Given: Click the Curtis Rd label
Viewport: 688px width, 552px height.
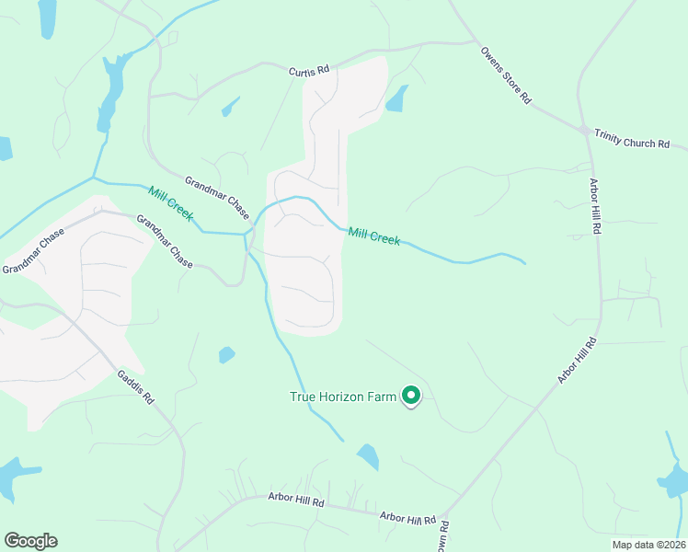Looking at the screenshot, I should [308, 72].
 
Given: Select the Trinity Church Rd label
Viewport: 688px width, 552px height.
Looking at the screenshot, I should [631, 139].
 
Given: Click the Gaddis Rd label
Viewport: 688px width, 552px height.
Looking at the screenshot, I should [135, 391].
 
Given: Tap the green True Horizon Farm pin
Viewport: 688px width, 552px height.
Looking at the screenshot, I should [410, 396].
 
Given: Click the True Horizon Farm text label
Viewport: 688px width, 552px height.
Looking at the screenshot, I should [342, 397].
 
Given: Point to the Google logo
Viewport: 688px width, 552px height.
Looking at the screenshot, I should [30, 541].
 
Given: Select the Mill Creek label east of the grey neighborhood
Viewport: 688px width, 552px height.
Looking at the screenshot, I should [373, 236].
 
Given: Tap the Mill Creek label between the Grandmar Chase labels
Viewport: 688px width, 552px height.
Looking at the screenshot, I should [170, 202].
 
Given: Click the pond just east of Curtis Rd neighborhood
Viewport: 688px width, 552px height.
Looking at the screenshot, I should [396, 99].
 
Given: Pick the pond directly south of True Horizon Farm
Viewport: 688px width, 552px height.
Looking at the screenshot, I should [368, 456].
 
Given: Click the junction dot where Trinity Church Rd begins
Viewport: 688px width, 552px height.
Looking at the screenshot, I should [584, 130].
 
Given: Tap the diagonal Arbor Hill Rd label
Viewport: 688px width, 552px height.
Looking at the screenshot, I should [578, 361].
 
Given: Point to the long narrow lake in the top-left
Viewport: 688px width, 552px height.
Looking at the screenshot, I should [109, 92].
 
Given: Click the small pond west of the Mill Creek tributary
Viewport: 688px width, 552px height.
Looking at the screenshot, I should [226, 354].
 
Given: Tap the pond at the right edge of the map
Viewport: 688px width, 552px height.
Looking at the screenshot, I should [674, 479].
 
